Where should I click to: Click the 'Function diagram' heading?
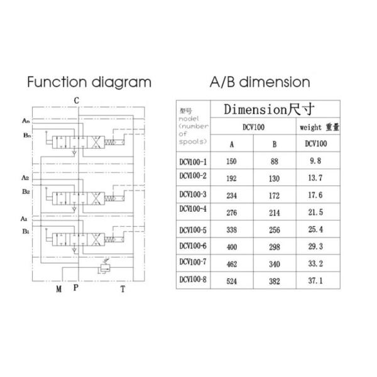[x=89, y=82]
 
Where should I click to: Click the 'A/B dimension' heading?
[x=260, y=82]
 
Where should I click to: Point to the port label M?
[x=58, y=290]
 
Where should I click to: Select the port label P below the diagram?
[x=76, y=288]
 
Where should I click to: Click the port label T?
[x=123, y=290]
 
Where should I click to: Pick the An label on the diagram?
[x=26, y=119]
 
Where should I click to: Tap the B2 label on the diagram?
[x=25, y=191]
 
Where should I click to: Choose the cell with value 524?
[x=231, y=280]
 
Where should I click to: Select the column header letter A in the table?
[x=231, y=144]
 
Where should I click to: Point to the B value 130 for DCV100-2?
[x=274, y=178]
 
